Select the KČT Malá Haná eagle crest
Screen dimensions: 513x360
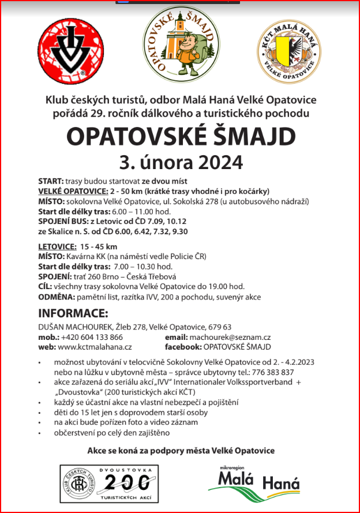[x=289, y=50]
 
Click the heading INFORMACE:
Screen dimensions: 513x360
[x=73, y=314]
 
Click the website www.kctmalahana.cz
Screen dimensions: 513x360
[x=95, y=347]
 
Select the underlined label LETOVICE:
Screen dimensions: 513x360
[x=57, y=246]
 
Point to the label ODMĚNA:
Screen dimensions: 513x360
[x=56, y=297]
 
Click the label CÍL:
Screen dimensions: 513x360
[x=45, y=287]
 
